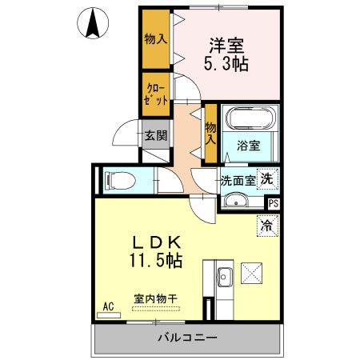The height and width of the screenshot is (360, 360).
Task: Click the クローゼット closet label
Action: pos(156,94)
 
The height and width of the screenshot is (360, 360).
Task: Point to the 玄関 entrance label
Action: pos(156,136)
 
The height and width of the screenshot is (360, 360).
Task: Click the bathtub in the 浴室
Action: pos(250,121)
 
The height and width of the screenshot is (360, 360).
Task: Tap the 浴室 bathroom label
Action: pos(248,146)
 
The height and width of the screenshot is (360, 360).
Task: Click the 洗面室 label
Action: pos(238,181)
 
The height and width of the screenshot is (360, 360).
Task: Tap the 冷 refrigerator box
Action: pos(265,226)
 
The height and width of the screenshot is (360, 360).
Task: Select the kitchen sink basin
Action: pos(223,278)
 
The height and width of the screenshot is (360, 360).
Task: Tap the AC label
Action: pos(109,306)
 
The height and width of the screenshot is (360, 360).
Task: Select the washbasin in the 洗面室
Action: pos(234,201)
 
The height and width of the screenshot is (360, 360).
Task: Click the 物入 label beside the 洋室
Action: pos(154,38)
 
